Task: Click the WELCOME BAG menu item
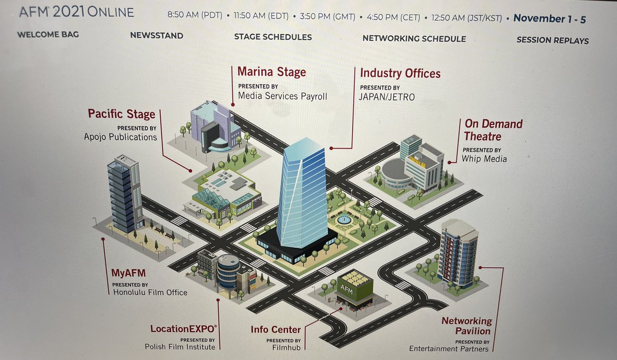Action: [48, 34]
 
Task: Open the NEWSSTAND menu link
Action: [156, 35]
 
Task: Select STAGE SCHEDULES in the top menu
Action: [273, 37]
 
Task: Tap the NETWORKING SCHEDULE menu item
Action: [414, 39]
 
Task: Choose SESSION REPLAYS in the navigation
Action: [553, 40]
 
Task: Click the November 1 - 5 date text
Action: [550, 19]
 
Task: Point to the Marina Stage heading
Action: [271, 71]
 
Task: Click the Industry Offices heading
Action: [400, 73]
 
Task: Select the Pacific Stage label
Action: [121, 114]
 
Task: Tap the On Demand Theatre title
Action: [493, 130]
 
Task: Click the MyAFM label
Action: [129, 273]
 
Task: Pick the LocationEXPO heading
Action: [184, 329]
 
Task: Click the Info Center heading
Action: [276, 330]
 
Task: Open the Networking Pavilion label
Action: [467, 326]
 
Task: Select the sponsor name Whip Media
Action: [484, 159]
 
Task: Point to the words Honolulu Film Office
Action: [150, 292]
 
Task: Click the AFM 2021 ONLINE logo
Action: [77, 12]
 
